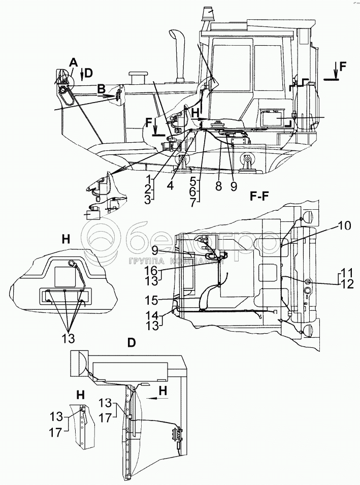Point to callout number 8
pos(218,186)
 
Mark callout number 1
pos(147,180)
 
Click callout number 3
pos(147,200)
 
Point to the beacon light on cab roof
pos(209,13)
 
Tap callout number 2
pos(147,190)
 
